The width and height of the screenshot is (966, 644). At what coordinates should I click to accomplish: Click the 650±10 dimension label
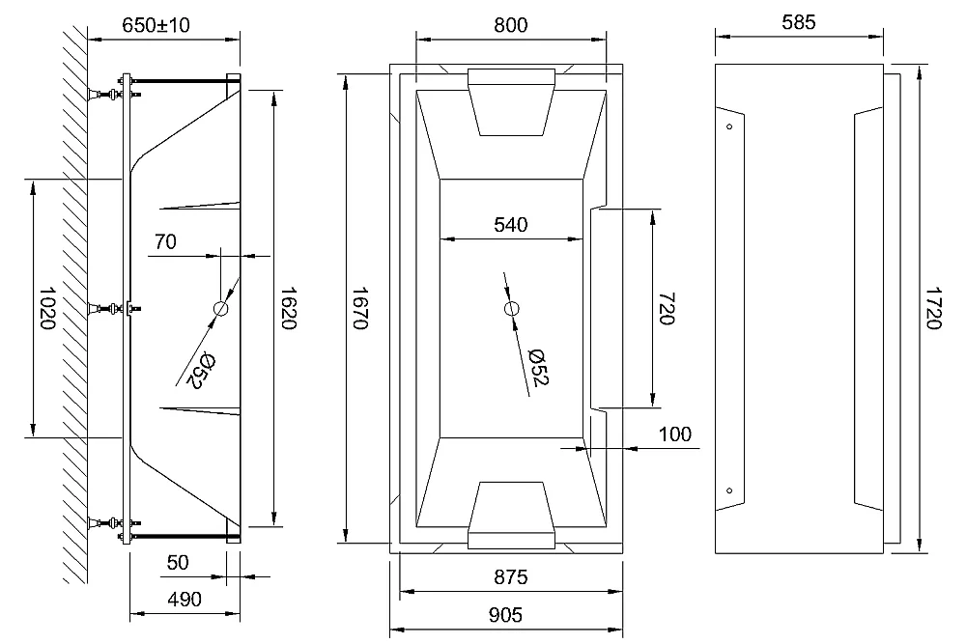[156, 25]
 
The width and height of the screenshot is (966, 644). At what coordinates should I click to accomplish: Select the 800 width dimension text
[511, 25]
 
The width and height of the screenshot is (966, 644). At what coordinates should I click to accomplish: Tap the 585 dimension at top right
[799, 22]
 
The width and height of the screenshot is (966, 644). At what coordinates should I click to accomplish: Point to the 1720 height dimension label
[933, 308]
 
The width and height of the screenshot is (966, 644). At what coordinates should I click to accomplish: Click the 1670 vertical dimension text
[359, 308]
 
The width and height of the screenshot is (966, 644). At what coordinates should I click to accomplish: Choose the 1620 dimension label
[288, 308]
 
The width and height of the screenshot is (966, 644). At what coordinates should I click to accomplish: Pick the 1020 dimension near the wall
[46, 308]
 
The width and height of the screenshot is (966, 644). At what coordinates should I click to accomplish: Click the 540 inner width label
[511, 225]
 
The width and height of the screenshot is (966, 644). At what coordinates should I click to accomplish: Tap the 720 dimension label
[667, 308]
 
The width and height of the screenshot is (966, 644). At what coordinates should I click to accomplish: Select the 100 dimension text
[674, 434]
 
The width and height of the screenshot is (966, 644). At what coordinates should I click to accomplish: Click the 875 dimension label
[511, 576]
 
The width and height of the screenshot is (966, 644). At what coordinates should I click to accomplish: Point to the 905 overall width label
[505, 614]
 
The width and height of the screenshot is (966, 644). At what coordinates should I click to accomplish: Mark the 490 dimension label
[185, 599]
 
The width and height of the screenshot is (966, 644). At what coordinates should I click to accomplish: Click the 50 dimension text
[178, 562]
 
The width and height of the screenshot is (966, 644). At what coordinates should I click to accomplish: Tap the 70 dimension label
[165, 241]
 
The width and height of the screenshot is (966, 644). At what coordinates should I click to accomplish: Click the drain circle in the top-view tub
[511, 308]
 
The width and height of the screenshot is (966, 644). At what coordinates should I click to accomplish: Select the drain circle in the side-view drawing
[220, 308]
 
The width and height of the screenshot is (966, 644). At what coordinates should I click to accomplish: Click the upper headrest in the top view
[511, 101]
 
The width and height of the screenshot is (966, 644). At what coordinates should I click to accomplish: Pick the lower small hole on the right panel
[729, 490]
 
